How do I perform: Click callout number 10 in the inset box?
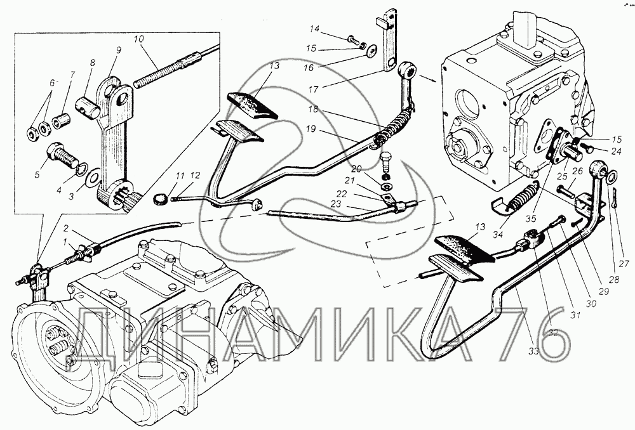point(139,39)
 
